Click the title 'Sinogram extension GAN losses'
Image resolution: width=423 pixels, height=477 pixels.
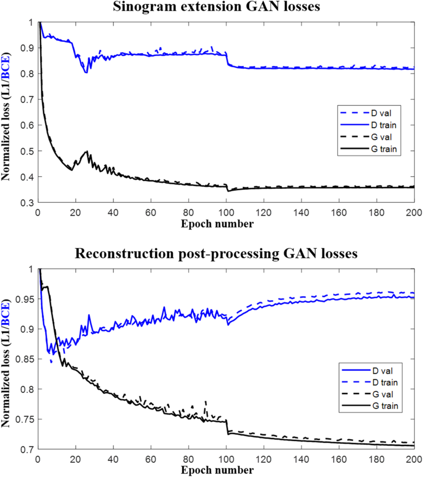click(216, 6)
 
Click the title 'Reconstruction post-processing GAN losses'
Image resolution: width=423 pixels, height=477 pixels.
click(216, 253)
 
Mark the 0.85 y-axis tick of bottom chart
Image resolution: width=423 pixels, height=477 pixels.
click(25, 359)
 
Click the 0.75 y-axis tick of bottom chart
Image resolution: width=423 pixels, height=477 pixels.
click(25, 419)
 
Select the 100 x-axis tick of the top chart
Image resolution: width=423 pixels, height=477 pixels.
click(226, 213)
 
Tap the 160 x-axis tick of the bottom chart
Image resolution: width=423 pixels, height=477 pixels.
click(339, 459)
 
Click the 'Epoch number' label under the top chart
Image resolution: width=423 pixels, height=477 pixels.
click(217, 224)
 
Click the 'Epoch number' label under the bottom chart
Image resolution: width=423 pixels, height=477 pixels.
click(217, 470)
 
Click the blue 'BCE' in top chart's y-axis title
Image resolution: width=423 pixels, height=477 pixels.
click(6, 67)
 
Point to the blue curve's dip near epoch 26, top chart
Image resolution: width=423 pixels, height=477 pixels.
click(86, 72)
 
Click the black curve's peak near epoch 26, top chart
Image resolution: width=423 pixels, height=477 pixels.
click(87, 151)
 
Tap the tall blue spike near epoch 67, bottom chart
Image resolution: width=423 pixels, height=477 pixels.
click(164, 308)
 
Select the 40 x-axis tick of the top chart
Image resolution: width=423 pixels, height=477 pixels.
click(113, 213)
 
